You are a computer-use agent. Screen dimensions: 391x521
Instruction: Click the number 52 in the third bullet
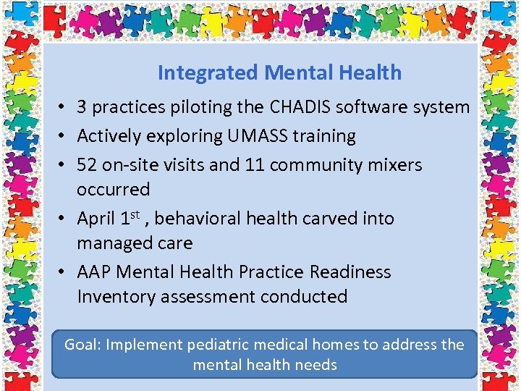pyautogui.click(x=87, y=164)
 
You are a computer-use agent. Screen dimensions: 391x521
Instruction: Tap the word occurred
pyautogui.click(x=113, y=190)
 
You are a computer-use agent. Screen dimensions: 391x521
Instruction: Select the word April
pyautogui.click(x=96, y=219)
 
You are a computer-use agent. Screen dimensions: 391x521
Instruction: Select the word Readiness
pyautogui.click(x=350, y=272)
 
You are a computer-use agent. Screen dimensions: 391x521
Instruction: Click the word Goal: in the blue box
pyautogui.click(x=82, y=345)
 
